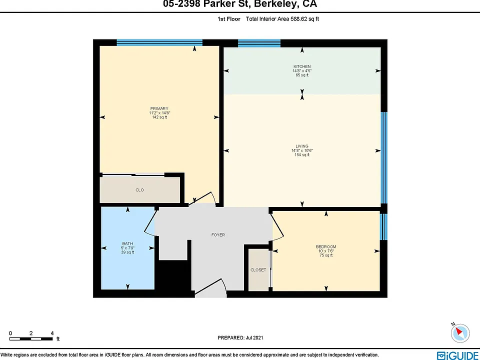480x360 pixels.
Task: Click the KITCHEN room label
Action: pos(302,66)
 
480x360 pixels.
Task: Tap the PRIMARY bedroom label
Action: pos(159,108)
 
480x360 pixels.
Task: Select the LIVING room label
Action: pos(302,146)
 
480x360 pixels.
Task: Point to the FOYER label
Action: pos(218,235)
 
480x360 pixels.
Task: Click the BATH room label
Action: pos(127,243)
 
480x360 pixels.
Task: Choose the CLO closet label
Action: pos(139,190)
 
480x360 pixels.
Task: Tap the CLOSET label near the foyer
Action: pos(258,270)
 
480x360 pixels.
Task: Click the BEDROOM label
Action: pos(326,246)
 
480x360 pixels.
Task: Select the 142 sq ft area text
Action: pos(159,117)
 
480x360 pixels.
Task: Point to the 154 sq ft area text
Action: pos(302,155)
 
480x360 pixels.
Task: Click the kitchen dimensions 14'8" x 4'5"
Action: pos(302,70)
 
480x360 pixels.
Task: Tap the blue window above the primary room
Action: pos(159,43)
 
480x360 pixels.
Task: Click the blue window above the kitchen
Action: pos(259,43)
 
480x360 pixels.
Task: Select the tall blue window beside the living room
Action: pos(384,157)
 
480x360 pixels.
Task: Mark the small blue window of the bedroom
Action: pos(383,227)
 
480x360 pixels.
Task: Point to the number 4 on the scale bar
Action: pos(52,333)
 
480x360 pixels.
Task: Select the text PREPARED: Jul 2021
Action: pos(240,338)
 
